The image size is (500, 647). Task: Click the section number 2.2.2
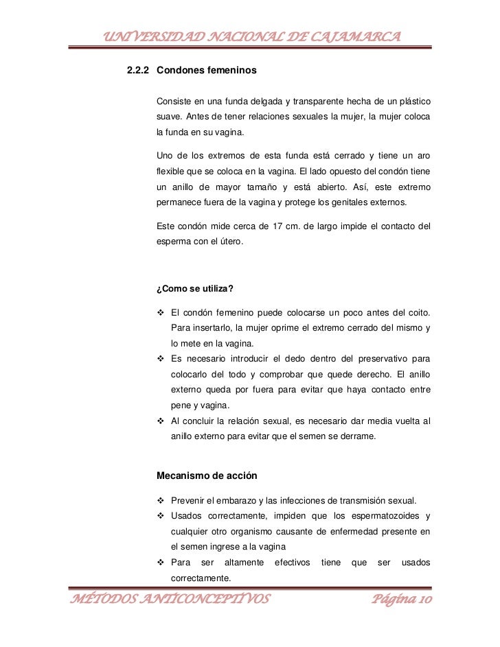[139, 71]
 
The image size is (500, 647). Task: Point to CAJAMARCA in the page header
[351, 36]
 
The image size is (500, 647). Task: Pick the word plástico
[413, 102]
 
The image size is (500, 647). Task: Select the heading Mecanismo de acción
[208, 475]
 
